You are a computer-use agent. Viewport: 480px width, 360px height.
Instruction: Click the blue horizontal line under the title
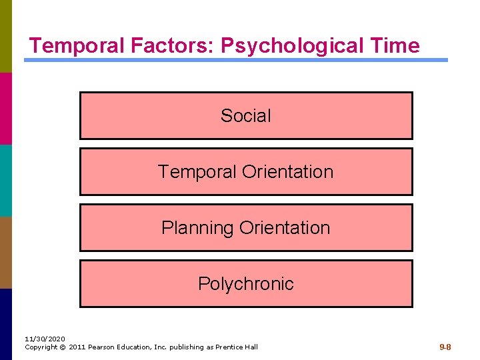click(x=236, y=60)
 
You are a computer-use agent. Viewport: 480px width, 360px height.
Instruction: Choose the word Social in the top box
click(x=246, y=116)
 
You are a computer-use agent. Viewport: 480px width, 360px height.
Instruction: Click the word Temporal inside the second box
click(x=197, y=172)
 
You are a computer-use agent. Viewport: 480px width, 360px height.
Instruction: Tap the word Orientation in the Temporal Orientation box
click(x=287, y=172)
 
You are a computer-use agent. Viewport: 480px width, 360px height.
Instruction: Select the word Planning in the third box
click(x=197, y=228)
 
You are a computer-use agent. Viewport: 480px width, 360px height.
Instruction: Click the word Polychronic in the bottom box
click(x=246, y=284)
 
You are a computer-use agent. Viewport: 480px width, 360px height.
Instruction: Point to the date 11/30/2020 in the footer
click(x=45, y=339)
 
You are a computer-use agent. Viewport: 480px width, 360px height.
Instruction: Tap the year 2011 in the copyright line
click(x=76, y=347)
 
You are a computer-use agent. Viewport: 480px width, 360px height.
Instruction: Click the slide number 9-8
click(x=445, y=347)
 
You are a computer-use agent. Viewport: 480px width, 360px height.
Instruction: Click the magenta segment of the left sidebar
click(x=5, y=108)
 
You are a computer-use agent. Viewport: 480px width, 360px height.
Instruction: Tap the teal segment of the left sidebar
click(x=5, y=180)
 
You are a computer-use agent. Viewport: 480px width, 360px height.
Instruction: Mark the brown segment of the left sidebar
click(x=5, y=252)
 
